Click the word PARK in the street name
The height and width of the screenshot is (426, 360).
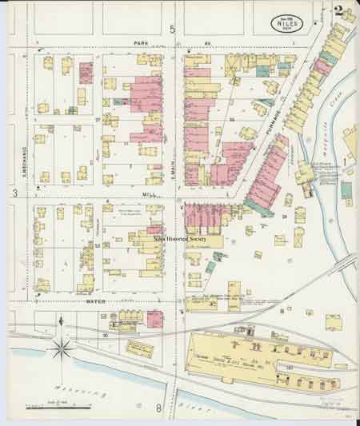click(x=142, y=43)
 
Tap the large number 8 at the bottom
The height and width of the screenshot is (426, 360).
click(x=159, y=408)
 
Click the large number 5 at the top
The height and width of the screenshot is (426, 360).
click(x=171, y=29)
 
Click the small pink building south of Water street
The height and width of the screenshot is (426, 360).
click(x=154, y=317)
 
